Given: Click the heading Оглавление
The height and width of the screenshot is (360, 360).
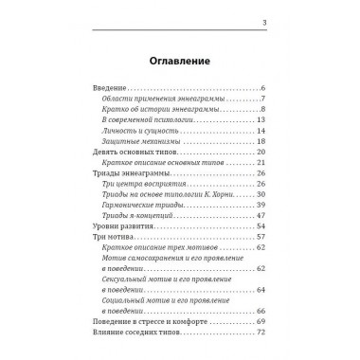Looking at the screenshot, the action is click(179, 63).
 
